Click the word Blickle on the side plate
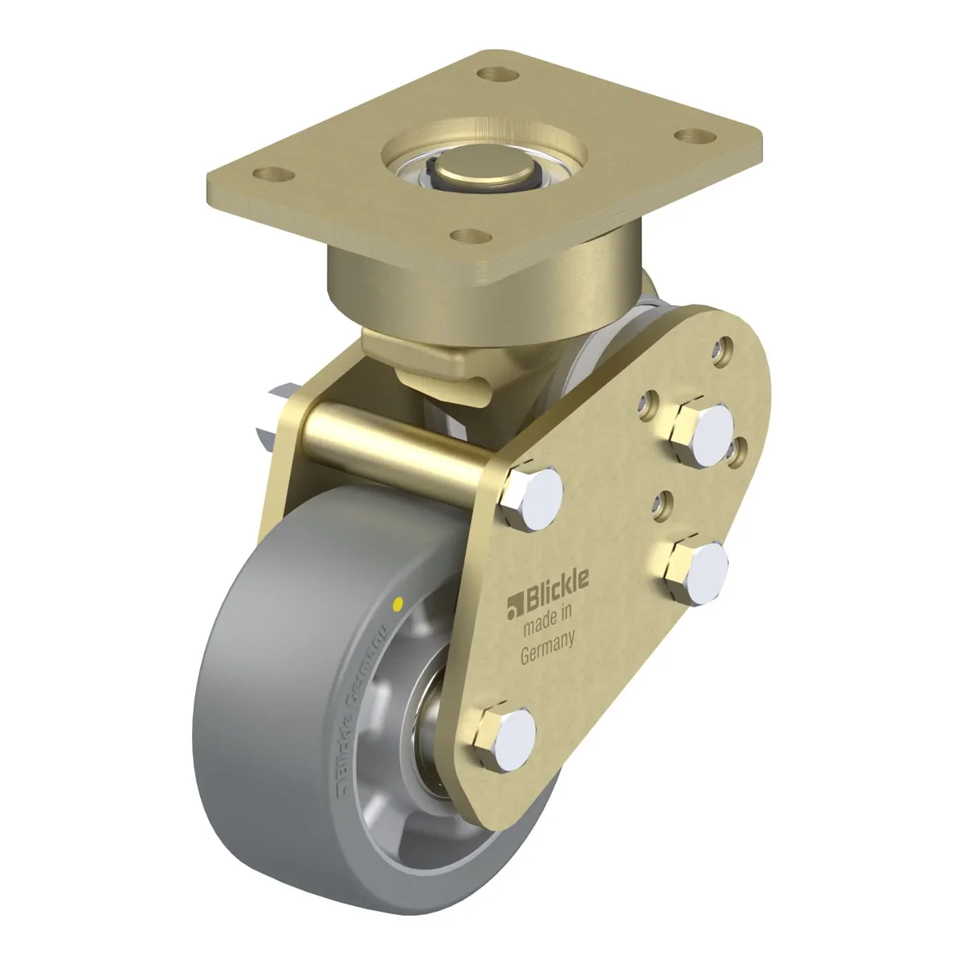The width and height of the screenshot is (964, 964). pos(556,591)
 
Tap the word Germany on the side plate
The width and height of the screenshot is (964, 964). pos(547,652)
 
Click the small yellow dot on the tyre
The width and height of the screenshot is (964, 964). pos(398,604)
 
